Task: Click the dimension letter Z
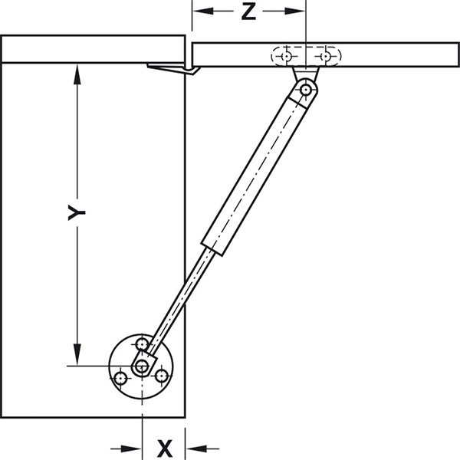(248, 12)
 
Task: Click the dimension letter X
(164, 447)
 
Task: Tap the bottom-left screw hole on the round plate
(120, 378)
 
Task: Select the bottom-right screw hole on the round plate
(162, 376)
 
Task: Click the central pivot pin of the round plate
(142, 366)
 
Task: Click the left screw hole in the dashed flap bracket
(285, 57)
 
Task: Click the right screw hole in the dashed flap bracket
(327, 57)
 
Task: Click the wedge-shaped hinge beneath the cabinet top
(172, 70)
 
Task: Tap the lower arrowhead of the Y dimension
(76, 357)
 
